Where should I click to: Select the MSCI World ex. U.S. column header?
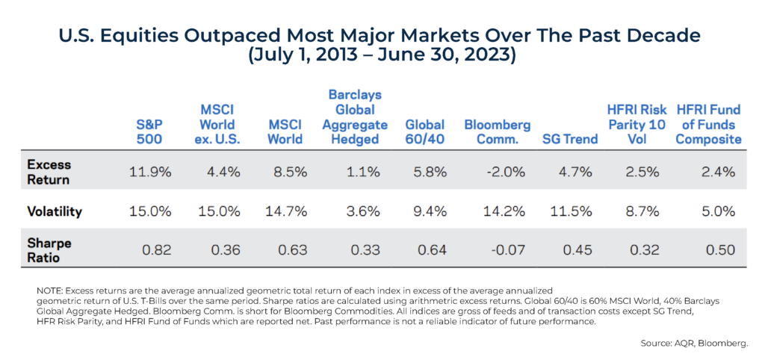(217, 124)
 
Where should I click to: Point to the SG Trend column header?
(569, 139)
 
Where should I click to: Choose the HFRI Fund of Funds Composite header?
(709, 124)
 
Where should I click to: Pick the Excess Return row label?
(51, 172)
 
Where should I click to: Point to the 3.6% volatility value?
(360, 211)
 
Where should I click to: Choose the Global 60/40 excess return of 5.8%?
(428, 172)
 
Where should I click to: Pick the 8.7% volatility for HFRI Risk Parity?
(642, 211)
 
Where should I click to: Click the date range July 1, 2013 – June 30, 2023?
(382, 57)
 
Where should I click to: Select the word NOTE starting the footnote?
(50, 289)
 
